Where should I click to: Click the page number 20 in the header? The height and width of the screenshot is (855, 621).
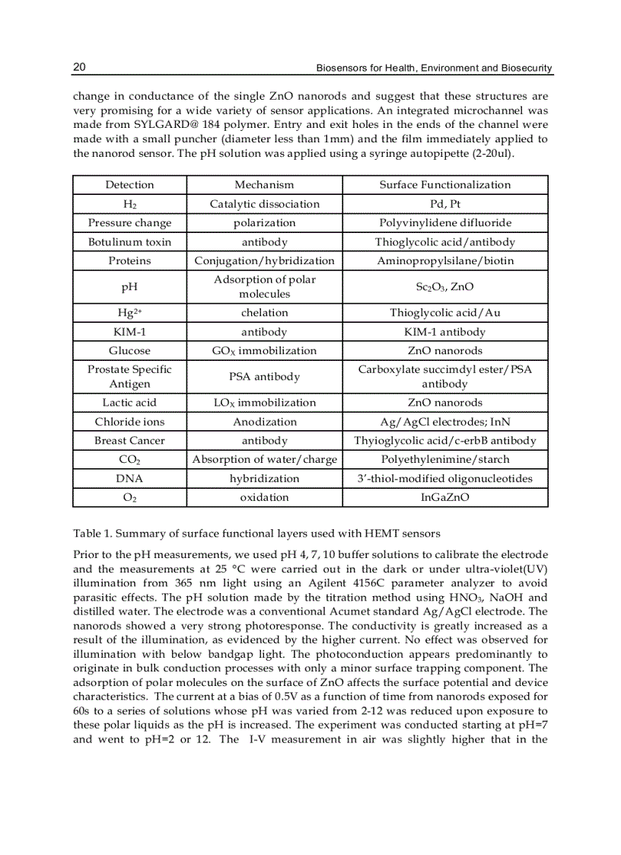(x=79, y=68)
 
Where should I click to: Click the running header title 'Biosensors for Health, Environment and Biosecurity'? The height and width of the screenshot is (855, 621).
(x=434, y=69)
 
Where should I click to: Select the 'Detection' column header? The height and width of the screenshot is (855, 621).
(x=129, y=185)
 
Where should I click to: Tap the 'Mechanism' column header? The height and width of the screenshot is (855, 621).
(x=264, y=185)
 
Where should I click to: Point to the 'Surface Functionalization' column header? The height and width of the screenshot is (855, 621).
(x=444, y=185)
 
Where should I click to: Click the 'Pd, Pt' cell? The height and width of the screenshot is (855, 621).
(x=444, y=204)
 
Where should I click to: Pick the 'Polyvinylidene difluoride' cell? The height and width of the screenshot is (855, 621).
(x=444, y=223)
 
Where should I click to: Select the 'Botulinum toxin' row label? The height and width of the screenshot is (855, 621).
(x=129, y=242)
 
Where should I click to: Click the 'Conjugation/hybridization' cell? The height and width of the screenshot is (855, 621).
(x=264, y=261)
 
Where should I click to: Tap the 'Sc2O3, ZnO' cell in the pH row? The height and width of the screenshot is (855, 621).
(x=444, y=287)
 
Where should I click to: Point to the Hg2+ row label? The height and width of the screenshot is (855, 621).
(x=129, y=313)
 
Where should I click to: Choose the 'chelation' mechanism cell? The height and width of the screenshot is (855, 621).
(x=264, y=313)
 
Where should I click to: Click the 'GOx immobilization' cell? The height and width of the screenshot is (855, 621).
(x=264, y=351)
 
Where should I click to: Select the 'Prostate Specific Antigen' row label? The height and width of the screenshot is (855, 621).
(x=129, y=376)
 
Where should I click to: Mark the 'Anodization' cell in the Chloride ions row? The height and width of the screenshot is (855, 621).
(x=264, y=422)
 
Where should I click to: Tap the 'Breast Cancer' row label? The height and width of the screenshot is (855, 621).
(x=129, y=441)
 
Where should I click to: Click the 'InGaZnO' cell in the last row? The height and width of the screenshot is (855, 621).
(x=444, y=497)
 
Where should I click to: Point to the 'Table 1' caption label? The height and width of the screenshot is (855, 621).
(x=93, y=532)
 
